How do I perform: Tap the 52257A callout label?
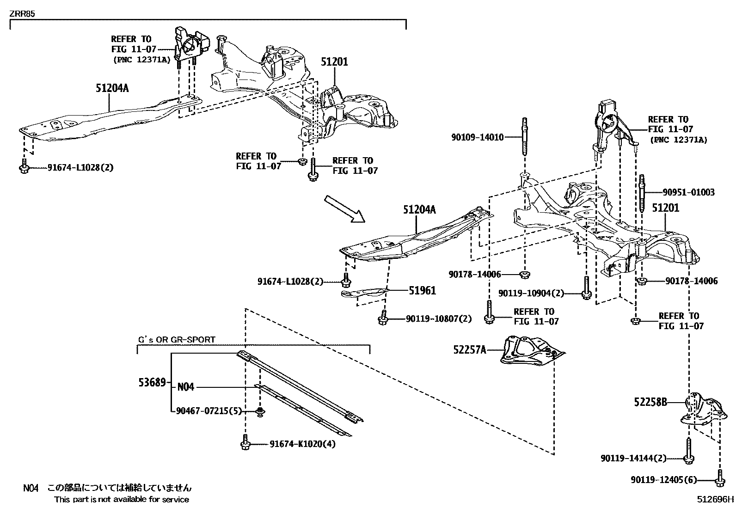pyautogui.click(x=470, y=350)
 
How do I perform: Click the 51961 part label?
pyautogui.click(x=422, y=291)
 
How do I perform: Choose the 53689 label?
pyautogui.click(x=152, y=382)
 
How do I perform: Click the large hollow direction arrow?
pyautogui.click(x=344, y=209)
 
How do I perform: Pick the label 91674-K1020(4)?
pyautogui.click(x=302, y=445)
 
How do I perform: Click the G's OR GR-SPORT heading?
pyautogui.click(x=177, y=340)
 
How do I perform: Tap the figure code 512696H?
pyautogui.click(x=716, y=499)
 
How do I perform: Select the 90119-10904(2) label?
pyautogui.click(x=531, y=293)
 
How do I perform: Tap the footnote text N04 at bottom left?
pyautogui.click(x=31, y=488)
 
